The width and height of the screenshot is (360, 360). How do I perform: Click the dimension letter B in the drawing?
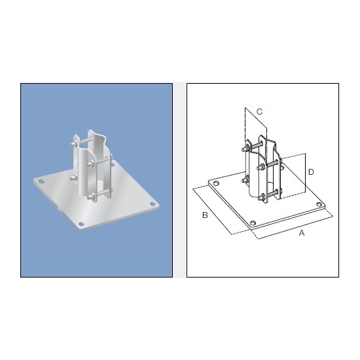tap(205, 215)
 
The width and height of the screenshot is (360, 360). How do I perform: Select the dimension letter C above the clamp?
tap(259, 113)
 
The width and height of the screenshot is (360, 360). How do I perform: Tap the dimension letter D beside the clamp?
tap(312, 171)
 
